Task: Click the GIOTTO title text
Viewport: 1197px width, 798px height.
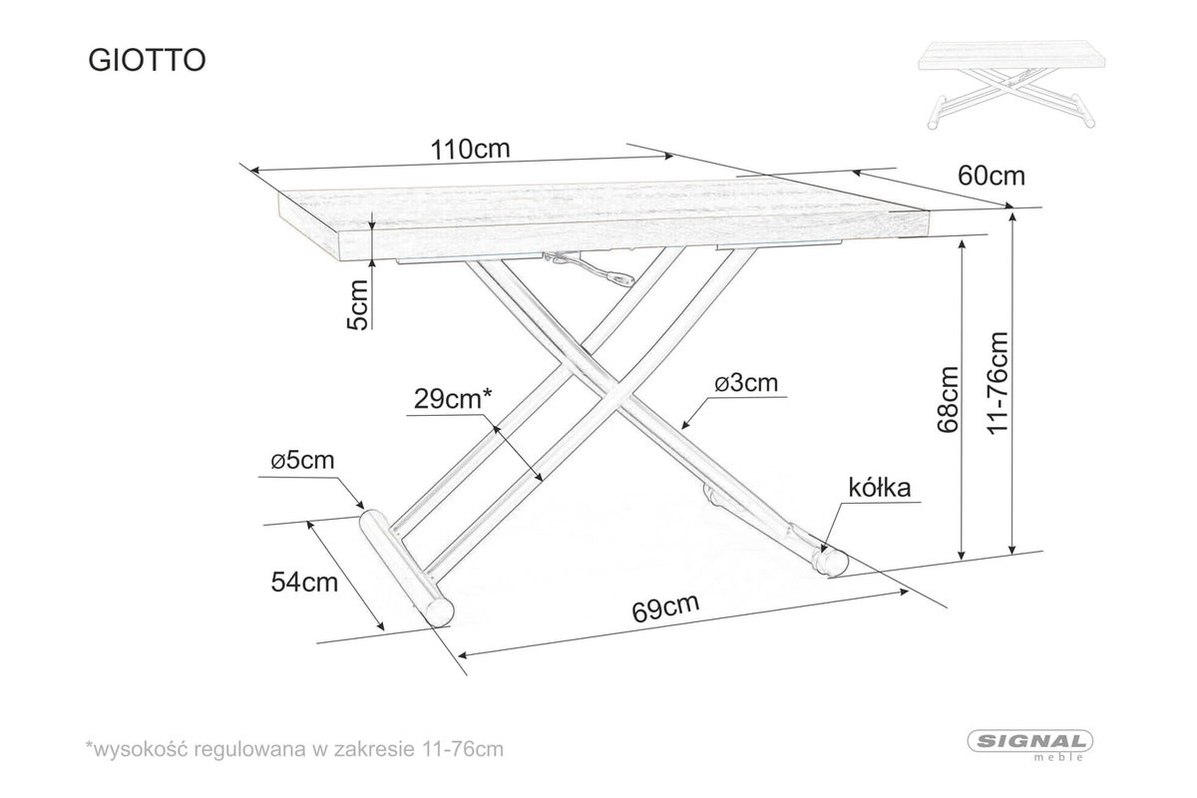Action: click(x=147, y=61)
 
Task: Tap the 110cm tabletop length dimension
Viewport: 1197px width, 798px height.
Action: click(x=470, y=149)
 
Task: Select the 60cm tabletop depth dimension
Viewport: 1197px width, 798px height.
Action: click(x=992, y=176)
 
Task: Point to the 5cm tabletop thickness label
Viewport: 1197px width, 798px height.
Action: click(x=357, y=304)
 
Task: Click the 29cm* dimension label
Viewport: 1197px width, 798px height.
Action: click(x=452, y=399)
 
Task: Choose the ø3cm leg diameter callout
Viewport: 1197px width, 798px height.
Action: click(x=746, y=383)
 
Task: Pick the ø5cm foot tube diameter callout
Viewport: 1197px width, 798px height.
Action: click(x=302, y=460)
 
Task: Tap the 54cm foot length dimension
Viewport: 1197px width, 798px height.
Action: click(x=304, y=583)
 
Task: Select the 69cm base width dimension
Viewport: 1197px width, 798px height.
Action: click(x=665, y=607)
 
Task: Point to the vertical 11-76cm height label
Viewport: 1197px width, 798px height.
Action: click(x=997, y=383)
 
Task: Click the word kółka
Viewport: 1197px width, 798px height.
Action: click(x=880, y=488)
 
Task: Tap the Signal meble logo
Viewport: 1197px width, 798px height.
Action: click(x=1030, y=745)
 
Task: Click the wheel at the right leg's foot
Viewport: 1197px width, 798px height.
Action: click(x=830, y=561)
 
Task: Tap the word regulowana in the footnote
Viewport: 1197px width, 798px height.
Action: click(x=251, y=749)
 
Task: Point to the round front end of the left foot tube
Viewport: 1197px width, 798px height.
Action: click(x=439, y=610)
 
